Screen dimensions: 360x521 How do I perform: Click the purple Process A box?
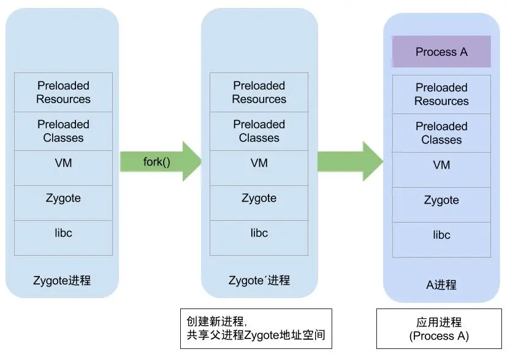pyautogui.click(x=441, y=52)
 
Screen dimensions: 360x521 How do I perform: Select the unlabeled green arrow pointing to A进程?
pyautogui.click(x=350, y=161)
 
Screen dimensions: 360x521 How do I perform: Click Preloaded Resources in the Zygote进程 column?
pyautogui.click(x=63, y=92)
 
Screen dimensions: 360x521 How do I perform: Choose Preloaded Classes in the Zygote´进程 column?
pyautogui.click(x=259, y=131)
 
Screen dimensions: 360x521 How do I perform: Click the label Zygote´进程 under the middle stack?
pyautogui.click(x=259, y=281)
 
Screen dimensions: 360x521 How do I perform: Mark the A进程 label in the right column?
pyautogui.click(x=441, y=285)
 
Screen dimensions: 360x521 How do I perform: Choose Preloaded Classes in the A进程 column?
pyautogui.click(x=441, y=132)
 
